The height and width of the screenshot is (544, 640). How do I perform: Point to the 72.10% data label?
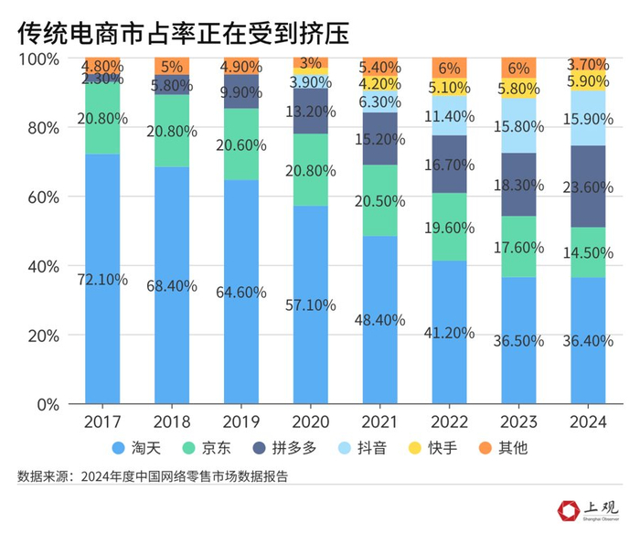[x=101, y=279]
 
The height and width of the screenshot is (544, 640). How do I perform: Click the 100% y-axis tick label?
[x=38, y=59]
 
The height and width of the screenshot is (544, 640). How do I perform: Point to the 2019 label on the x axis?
[x=240, y=422]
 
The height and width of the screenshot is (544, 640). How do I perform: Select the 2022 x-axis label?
[x=449, y=422]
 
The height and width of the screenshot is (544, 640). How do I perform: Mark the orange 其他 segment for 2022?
[x=449, y=68]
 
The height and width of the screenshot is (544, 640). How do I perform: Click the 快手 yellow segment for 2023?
[x=518, y=91]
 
